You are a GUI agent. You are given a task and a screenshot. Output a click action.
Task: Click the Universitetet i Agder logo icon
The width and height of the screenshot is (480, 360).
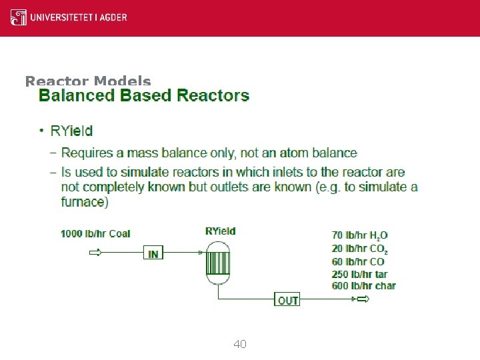(x=19, y=17)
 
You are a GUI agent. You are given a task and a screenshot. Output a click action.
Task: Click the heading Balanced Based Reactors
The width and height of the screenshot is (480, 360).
(x=144, y=95)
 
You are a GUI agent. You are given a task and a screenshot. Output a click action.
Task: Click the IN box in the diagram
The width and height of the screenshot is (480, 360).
(x=153, y=254)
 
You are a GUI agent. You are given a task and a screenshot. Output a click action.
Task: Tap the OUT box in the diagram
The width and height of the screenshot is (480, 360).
(x=288, y=301)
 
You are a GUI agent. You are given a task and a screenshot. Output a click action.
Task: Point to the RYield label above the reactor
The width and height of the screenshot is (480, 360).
(x=221, y=231)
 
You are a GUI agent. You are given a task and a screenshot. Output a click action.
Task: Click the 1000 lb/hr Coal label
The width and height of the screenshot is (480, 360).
(x=95, y=233)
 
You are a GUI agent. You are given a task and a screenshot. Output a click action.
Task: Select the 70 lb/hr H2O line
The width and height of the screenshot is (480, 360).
(x=360, y=235)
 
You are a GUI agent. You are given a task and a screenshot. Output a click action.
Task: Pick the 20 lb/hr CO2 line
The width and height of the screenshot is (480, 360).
(x=360, y=249)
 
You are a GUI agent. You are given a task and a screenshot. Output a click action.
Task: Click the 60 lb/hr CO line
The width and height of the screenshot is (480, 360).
(x=358, y=261)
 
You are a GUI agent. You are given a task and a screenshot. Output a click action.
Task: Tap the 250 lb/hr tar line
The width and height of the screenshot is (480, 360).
(x=359, y=274)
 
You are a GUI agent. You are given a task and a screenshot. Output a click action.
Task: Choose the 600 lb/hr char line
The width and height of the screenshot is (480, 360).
(x=363, y=286)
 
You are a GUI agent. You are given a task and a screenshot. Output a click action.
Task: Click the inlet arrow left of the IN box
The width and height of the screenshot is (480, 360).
(x=95, y=253)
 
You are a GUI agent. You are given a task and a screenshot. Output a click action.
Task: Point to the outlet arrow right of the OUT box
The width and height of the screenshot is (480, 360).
(x=362, y=299)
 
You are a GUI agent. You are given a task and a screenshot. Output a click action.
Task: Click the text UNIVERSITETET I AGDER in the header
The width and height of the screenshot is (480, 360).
(x=78, y=17)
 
